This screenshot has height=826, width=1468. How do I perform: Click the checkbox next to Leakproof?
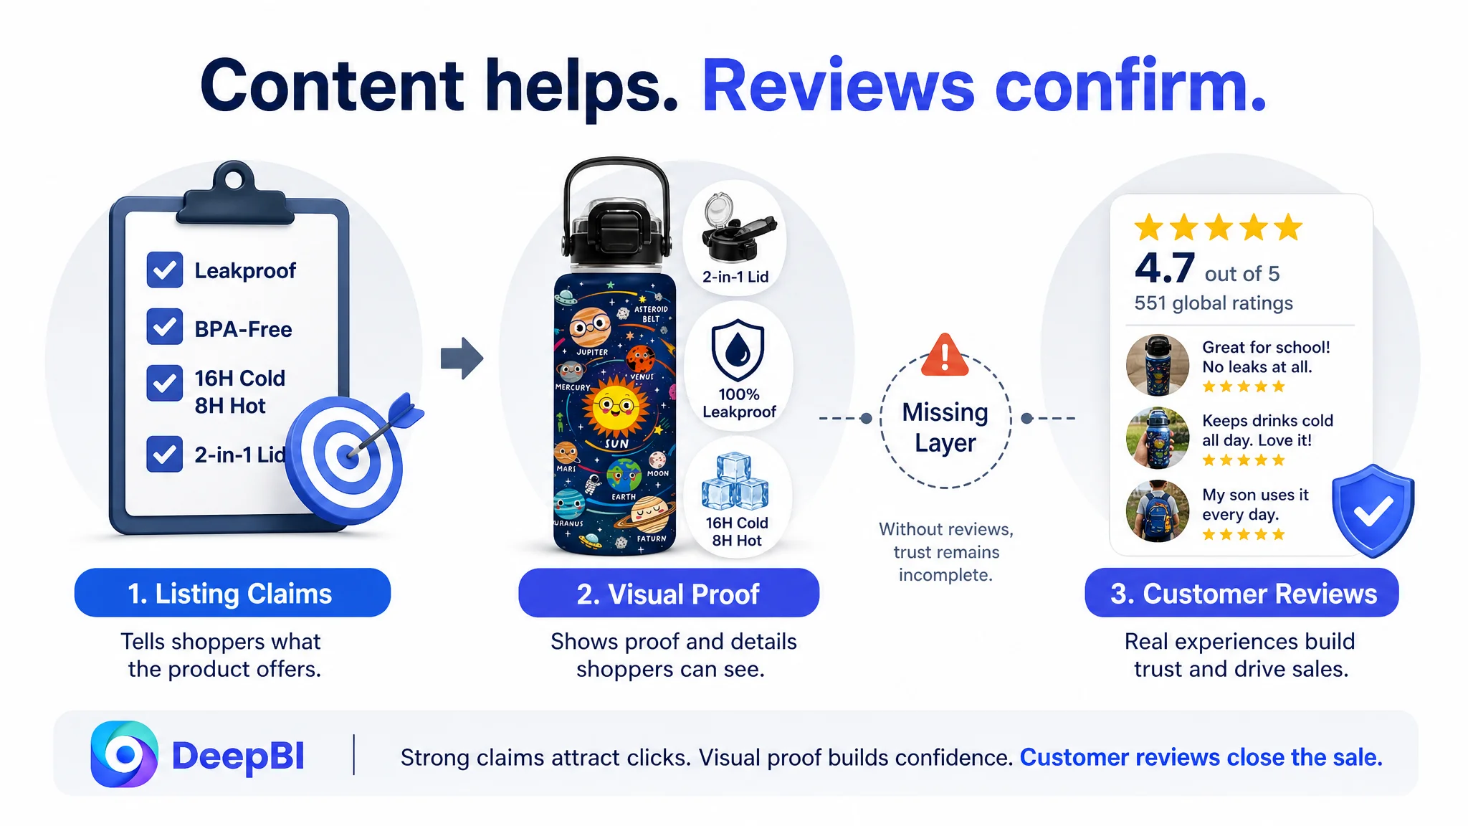click(x=164, y=270)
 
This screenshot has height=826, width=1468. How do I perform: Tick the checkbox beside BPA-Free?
click(x=164, y=327)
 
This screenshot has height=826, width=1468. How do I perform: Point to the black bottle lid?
click(x=616, y=215)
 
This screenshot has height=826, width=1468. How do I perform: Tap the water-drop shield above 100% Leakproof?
click(x=738, y=351)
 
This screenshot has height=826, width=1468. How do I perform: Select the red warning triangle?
click(x=945, y=355)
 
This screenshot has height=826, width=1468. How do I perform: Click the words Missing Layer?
click(x=945, y=427)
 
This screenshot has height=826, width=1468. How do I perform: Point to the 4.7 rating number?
click(x=1165, y=268)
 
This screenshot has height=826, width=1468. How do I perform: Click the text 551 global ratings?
click(x=1214, y=303)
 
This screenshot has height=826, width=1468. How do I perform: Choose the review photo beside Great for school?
click(x=1157, y=366)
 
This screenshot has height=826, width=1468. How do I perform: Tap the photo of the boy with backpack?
click(x=1157, y=511)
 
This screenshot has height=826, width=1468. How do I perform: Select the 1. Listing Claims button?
click(x=232, y=593)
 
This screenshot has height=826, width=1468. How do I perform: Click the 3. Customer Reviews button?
click(x=1241, y=593)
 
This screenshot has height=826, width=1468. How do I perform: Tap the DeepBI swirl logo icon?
click(x=125, y=754)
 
